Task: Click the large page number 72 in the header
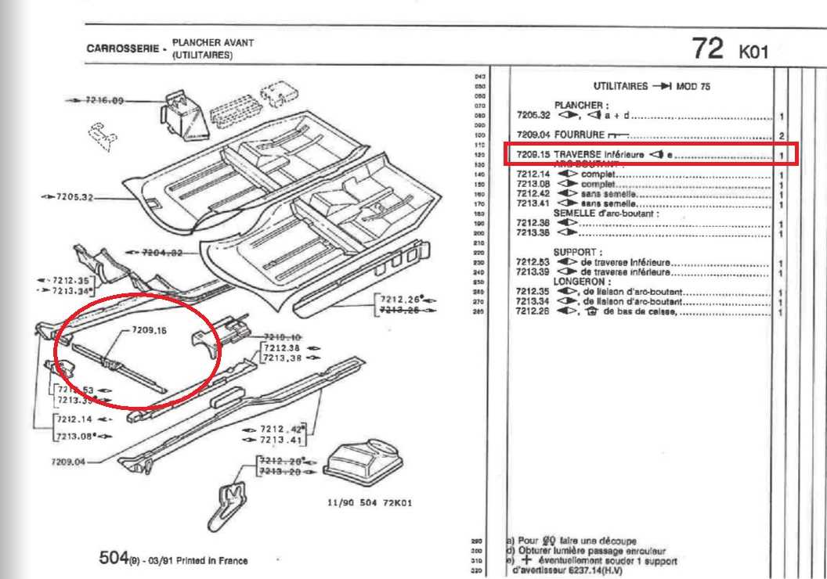707,49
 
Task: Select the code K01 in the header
754,52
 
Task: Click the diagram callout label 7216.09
105,101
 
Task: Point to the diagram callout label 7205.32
74,197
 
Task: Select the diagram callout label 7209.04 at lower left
69,461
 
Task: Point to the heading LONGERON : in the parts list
582,280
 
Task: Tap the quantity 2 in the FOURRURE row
782,136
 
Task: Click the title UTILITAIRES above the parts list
621,86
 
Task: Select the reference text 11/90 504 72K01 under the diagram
370,503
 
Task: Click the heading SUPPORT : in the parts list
577,252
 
